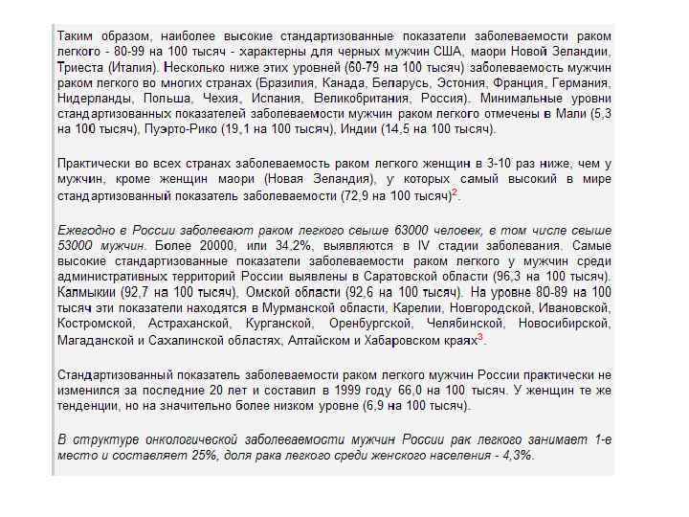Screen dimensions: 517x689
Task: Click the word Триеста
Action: coord(81,68)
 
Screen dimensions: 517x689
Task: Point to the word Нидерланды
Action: coord(94,98)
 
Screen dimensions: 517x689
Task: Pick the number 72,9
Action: coord(357,195)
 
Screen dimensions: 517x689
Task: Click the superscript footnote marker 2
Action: coord(455,191)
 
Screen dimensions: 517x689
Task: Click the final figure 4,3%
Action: coord(514,456)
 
